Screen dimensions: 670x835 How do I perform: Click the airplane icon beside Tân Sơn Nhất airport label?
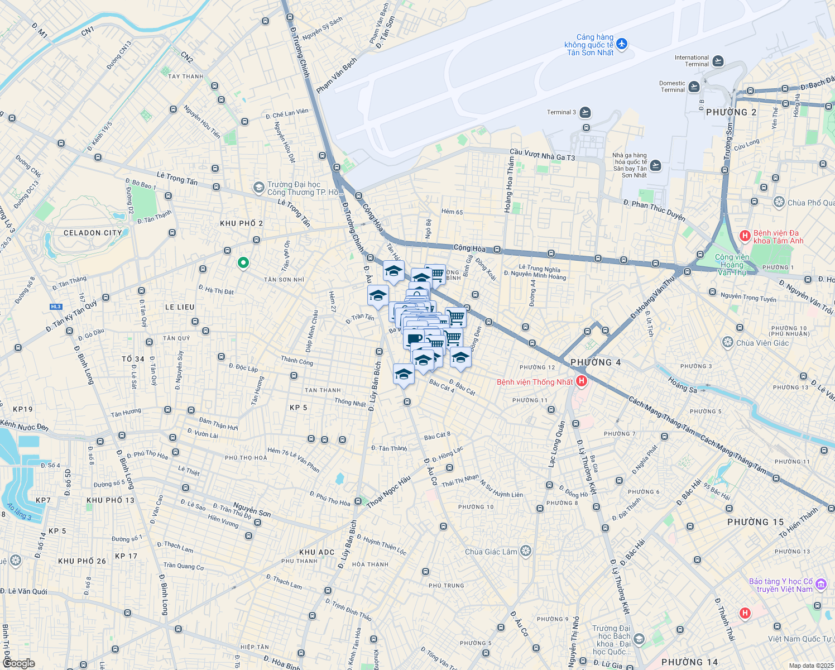(622, 44)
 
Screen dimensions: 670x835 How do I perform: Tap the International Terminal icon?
(718, 61)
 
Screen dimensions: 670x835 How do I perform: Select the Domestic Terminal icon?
(694, 87)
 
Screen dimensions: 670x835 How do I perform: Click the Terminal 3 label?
(561, 112)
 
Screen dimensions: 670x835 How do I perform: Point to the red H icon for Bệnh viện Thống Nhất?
(582, 381)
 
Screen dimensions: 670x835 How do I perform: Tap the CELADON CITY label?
(93, 233)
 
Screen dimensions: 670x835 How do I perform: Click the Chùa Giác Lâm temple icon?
(525, 552)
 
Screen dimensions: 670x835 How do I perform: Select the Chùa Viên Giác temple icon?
(728, 342)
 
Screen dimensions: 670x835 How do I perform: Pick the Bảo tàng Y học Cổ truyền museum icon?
(820, 585)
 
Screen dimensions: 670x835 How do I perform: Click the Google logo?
(18, 663)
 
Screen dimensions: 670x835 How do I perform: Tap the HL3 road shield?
(56, 307)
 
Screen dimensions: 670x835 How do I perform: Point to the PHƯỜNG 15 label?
(755, 522)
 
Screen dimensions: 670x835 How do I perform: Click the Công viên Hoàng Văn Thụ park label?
(732, 265)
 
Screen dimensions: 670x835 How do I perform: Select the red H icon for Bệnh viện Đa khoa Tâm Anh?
(745, 236)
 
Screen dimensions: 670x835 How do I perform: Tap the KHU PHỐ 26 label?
(82, 561)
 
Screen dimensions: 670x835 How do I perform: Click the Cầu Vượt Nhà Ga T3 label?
(542, 155)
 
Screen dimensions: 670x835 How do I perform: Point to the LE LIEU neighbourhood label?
(180, 307)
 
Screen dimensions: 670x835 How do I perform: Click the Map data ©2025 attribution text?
(810, 666)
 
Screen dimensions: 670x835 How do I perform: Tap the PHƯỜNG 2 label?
(731, 112)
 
